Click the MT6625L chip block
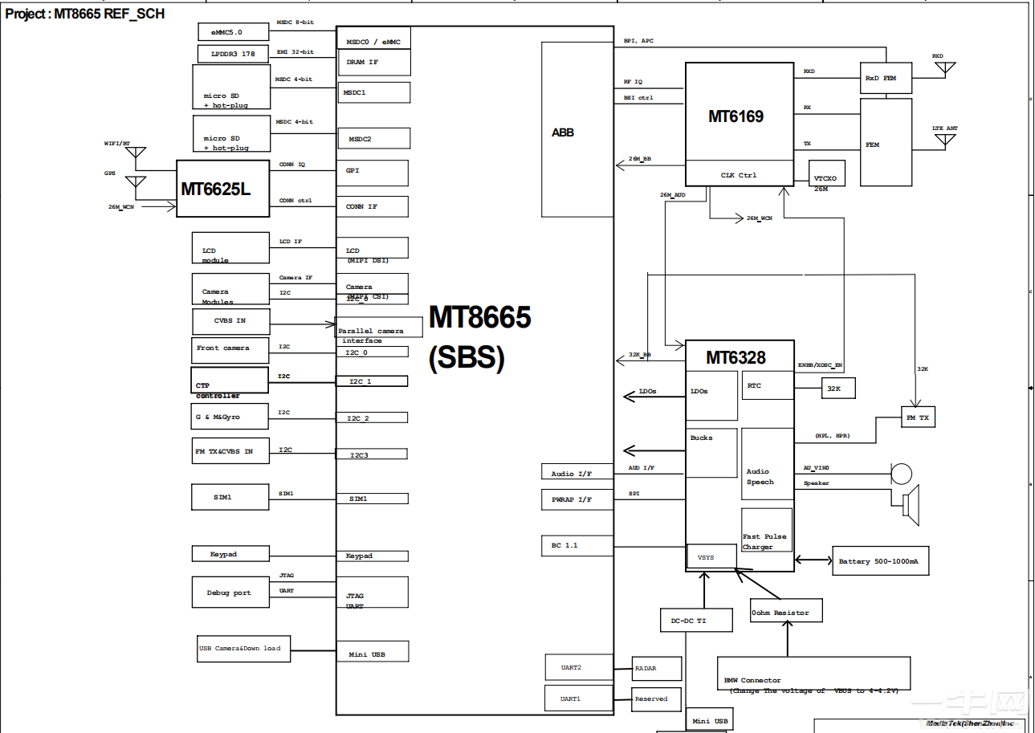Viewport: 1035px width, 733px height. pyautogui.click(x=222, y=189)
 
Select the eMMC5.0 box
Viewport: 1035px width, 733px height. pyautogui.click(x=234, y=32)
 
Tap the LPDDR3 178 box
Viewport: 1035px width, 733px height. pyautogui.click(x=234, y=54)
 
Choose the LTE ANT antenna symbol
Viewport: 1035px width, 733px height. pyautogui.click(x=944, y=141)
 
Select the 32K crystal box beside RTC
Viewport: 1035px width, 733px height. pyautogui.click(x=834, y=388)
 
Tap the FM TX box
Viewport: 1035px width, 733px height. pyautogui.click(x=917, y=417)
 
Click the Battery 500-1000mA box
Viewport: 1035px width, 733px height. pyautogui.click(x=880, y=561)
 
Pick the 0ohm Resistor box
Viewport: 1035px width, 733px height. pyautogui.click(x=786, y=613)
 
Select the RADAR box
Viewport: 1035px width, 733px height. pyautogui.click(x=656, y=668)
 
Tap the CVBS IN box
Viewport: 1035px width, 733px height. pyautogui.click(x=230, y=321)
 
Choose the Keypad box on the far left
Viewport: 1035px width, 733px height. pyautogui.click(x=230, y=554)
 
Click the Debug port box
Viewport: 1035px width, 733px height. pyautogui.click(x=230, y=593)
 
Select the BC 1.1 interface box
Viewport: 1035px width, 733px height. pyautogui.click(x=577, y=546)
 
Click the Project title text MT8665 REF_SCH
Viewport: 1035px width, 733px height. pyautogui.click(x=85, y=14)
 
